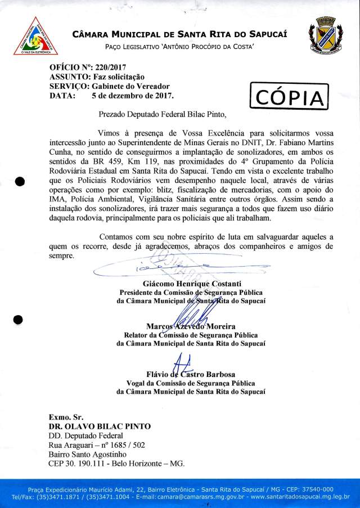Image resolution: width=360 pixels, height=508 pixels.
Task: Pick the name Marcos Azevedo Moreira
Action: [190, 326]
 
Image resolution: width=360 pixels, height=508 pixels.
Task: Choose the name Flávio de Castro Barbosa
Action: [190, 374]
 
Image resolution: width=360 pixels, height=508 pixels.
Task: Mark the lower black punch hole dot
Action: [18, 320]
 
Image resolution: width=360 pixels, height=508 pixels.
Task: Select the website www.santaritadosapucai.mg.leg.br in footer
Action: [300, 497]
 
